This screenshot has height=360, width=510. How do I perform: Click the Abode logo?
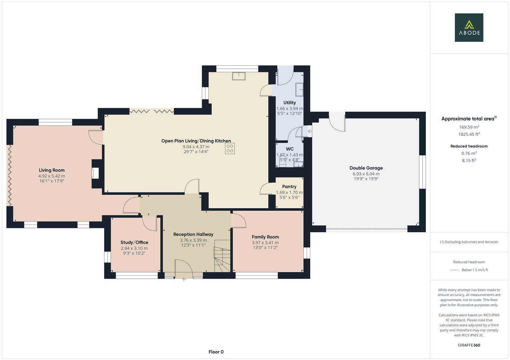[469, 27]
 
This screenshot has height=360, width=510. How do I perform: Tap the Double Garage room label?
[366, 168]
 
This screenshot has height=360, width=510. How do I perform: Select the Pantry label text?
[289, 187]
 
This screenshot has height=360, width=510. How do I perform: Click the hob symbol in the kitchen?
[230, 148]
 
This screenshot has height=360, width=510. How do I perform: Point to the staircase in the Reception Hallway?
[222, 257]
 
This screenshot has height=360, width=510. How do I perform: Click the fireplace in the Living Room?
[95, 173]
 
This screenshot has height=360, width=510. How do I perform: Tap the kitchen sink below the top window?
[239, 76]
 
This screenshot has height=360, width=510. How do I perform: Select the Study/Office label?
[134, 242]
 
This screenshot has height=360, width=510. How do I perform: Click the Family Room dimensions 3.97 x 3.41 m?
[265, 243]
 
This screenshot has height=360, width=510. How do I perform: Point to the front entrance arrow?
[184, 280]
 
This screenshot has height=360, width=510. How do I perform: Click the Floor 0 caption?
[216, 352]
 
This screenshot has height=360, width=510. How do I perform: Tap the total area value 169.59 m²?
[469, 127]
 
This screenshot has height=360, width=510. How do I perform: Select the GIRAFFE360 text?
[469, 345]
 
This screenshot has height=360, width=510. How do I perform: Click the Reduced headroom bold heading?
[469, 146]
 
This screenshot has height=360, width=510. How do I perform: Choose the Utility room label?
[290, 103]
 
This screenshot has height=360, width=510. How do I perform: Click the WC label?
[290, 149]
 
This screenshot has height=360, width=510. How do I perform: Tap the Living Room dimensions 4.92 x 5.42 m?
[52, 176]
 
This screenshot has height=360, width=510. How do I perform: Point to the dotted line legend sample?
[454, 270]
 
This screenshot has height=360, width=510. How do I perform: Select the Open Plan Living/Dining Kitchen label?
[196, 141]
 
